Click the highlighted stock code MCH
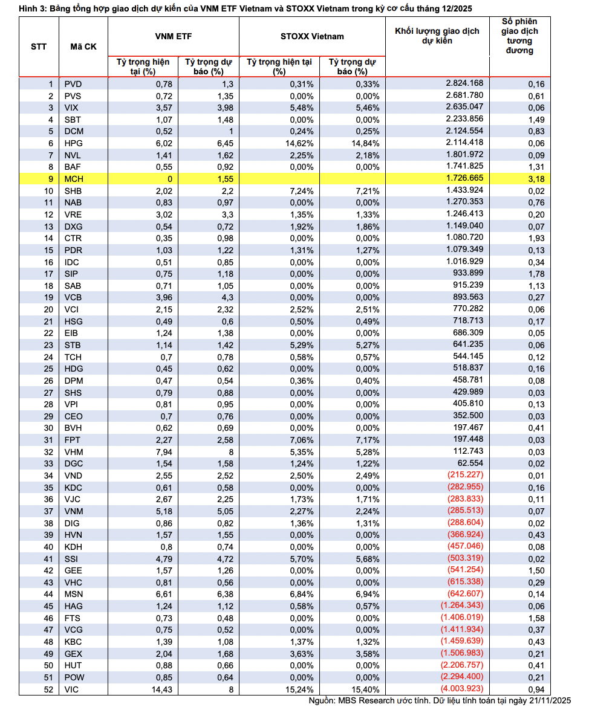click(73, 179)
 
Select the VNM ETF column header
click(173, 36)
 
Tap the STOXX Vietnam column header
click(312, 36)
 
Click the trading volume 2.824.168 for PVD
click(464, 83)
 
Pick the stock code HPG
click(73, 143)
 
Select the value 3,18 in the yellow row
click(536, 179)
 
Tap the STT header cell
click(39, 47)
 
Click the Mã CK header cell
click(83, 47)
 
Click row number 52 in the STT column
click(48, 689)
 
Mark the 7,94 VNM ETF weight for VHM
click(163, 452)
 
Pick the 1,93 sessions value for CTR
click(536, 238)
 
